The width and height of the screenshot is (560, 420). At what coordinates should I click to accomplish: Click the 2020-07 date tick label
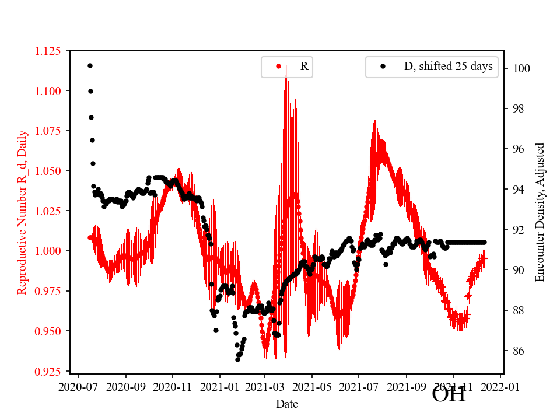pos(79,386)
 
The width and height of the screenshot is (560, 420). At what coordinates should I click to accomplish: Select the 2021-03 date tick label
pos(265,386)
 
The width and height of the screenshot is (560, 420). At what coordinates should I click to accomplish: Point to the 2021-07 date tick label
pos(358,386)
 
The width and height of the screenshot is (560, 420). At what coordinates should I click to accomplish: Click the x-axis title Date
pos(287,403)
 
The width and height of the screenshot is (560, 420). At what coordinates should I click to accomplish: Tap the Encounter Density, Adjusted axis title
pos(540,212)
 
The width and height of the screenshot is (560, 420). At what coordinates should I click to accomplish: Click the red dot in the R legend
pos(278,66)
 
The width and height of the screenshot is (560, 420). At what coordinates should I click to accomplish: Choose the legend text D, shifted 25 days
pos(448,66)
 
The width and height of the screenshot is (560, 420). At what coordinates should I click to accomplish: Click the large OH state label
pos(449,394)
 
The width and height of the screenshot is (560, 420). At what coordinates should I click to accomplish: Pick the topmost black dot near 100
pos(90,65)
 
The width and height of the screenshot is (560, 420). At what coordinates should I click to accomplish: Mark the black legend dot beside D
pos(383,66)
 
